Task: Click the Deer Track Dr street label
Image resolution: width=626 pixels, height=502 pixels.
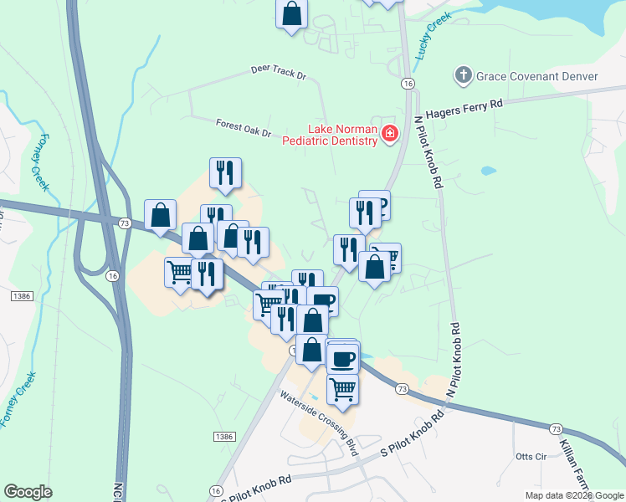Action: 279,72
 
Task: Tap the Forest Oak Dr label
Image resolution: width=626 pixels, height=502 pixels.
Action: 244,128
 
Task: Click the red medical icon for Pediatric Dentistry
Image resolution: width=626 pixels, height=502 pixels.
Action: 389,134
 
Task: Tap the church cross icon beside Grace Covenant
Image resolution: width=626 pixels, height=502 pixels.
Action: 463,76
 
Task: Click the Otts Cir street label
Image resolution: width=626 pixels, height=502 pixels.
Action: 531,456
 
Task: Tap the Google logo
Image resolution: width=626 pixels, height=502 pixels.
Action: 28,492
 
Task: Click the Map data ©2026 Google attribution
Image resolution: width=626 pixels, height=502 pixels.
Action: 573,495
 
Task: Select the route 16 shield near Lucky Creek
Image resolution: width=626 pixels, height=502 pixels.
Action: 408,84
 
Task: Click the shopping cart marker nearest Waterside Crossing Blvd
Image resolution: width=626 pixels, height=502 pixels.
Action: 342,388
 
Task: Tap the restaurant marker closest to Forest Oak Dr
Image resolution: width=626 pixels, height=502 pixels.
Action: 225,172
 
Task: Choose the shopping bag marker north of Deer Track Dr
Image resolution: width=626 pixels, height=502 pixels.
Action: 292,13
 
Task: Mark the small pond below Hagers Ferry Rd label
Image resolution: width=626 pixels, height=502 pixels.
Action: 488,171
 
